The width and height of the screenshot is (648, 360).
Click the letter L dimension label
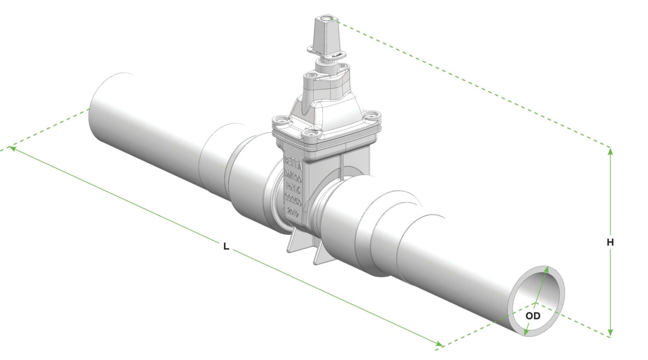(226, 246)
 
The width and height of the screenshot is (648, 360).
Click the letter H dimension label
(610, 242)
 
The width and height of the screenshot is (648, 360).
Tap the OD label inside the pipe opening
(533, 316)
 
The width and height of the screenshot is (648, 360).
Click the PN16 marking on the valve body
(293, 187)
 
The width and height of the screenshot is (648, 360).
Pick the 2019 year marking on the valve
(293, 213)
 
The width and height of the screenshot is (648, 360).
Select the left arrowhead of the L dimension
(12, 148)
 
